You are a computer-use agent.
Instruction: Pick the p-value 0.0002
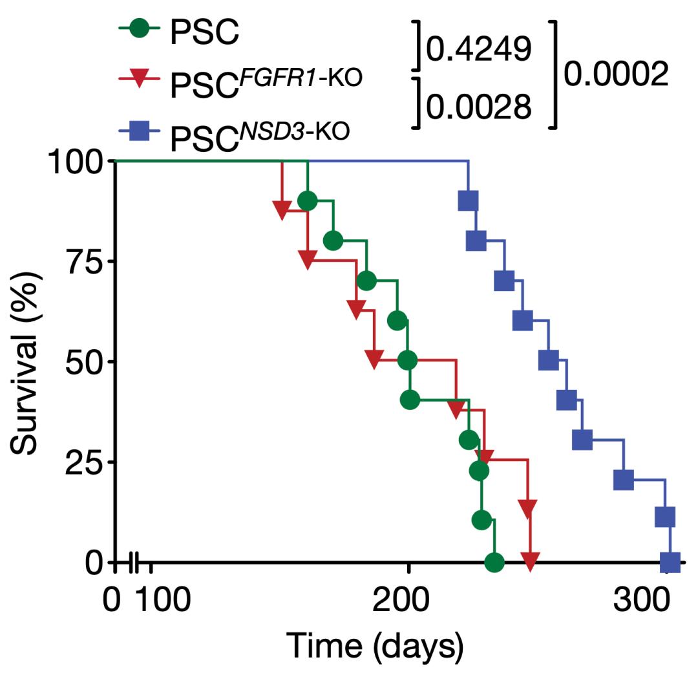(615, 76)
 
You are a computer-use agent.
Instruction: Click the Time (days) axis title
(375, 647)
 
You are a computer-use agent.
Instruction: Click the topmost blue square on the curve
(468, 201)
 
